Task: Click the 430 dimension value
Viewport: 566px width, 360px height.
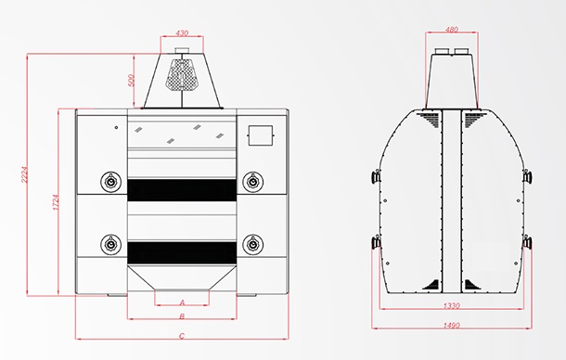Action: coord(182,32)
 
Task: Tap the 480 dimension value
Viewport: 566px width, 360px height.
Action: coord(452,30)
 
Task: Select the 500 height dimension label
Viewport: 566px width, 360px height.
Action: coord(131,81)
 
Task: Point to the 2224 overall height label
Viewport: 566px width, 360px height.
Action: coord(24,174)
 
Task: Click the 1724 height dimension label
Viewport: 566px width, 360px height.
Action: coord(56,202)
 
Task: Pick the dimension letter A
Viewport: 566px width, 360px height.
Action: coord(182,302)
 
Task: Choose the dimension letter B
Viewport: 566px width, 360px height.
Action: coord(182,316)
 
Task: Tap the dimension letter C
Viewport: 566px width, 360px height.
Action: coord(182,336)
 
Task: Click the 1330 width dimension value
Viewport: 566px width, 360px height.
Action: coord(451,306)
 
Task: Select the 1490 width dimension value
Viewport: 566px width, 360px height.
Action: coord(451,326)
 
